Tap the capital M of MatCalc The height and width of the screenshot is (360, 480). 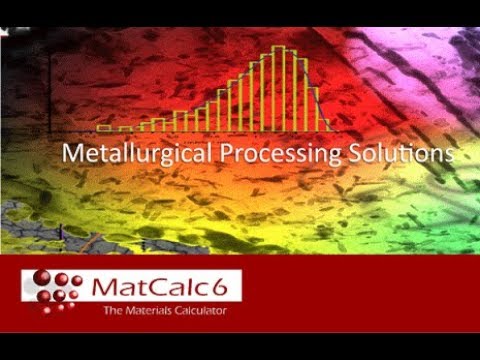click(x=105, y=288)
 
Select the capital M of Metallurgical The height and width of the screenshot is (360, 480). click(x=70, y=155)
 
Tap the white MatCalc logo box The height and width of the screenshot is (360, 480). click(x=131, y=294)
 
